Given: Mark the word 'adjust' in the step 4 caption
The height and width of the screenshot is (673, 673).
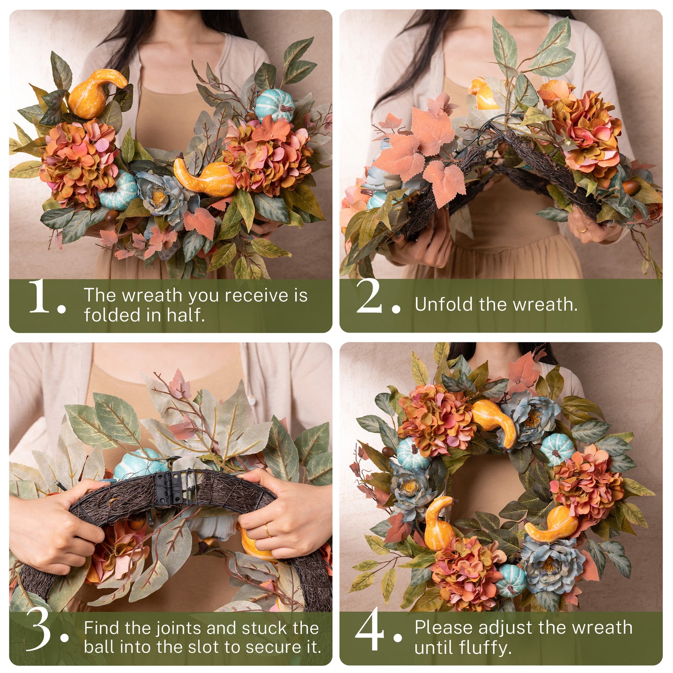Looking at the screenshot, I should tap(506, 627).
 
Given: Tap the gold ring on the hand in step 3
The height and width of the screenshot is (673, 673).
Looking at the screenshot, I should tap(268, 530).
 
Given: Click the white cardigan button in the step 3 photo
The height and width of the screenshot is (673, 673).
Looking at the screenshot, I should tap(252, 400).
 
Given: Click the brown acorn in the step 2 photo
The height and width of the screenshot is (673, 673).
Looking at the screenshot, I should tap(631, 187).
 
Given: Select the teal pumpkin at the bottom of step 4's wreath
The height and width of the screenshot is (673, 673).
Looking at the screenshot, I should tap(510, 580).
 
